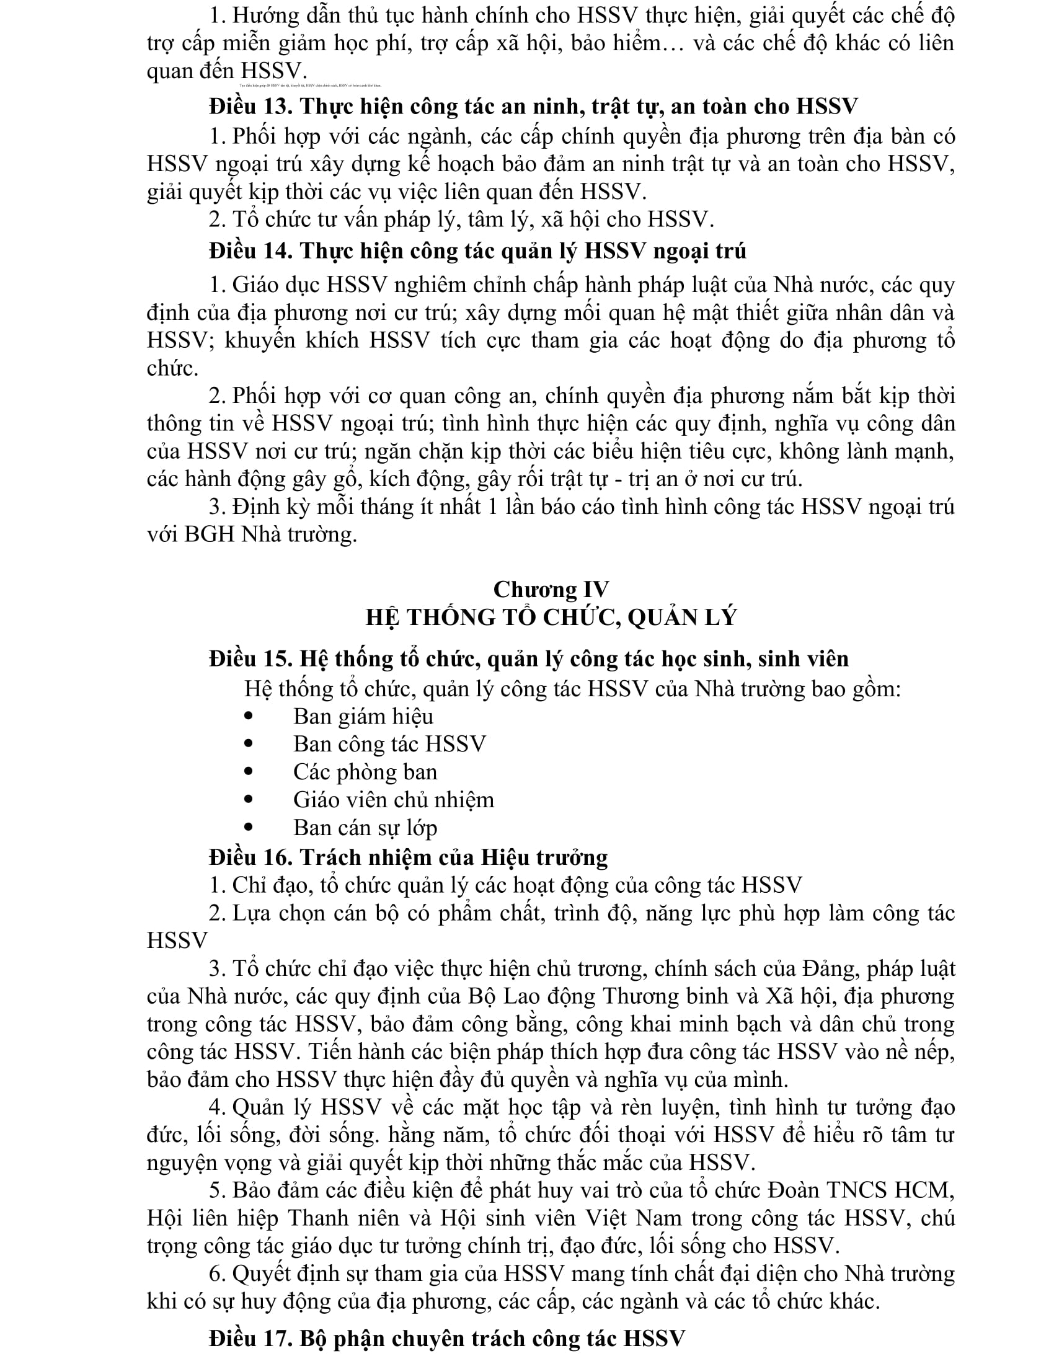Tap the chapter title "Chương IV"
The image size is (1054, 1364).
551,590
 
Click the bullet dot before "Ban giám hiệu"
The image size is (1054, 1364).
250,716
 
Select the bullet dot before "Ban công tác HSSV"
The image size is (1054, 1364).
250,744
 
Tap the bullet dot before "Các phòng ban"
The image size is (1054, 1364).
250,772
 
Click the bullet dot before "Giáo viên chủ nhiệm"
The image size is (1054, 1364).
250,799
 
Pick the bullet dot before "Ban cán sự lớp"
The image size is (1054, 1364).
250,828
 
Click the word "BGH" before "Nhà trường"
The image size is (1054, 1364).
209,534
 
